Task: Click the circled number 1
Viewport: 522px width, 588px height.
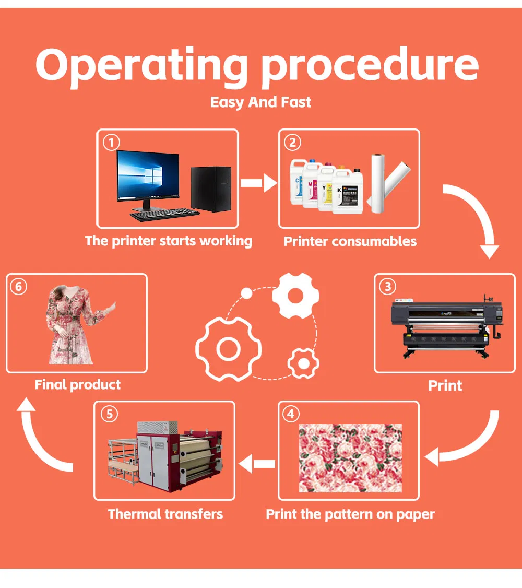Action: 111,143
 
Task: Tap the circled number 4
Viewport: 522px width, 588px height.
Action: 291,414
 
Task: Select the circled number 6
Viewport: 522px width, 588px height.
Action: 18,287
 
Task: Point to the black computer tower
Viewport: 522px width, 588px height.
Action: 211,189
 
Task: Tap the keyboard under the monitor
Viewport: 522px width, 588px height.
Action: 164,215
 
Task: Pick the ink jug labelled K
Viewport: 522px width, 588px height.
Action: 348,191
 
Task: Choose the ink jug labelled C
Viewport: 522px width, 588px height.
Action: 298,182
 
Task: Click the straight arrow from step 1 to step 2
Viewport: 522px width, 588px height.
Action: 259,183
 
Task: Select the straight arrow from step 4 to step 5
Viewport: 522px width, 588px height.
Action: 257,464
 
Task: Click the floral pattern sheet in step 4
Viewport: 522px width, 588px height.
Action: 350,458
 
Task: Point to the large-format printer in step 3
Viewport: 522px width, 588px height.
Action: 446,327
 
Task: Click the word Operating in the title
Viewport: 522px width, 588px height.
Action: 141,66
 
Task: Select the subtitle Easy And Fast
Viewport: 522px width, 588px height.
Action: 260,102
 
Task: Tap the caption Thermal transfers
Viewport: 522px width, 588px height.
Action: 165,514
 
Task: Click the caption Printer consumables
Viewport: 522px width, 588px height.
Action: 350,241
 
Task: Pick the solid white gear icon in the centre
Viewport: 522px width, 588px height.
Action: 295,296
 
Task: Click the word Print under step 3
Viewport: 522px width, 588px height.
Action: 445,385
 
